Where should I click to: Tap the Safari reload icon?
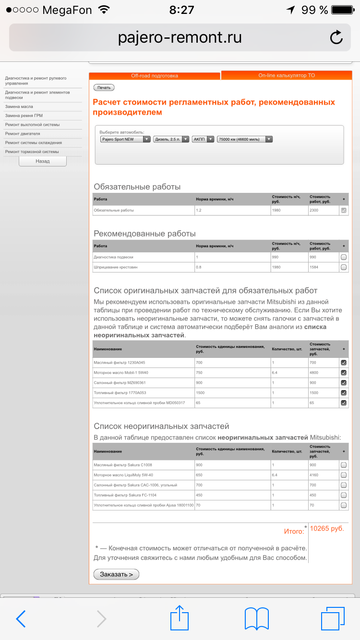click(336, 37)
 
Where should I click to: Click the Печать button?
click(104, 87)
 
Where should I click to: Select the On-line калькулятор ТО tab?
click(287, 75)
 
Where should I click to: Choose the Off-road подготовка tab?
click(155, 76)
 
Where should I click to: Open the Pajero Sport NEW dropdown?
click(125, 139)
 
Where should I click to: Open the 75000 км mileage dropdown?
click(245, 139)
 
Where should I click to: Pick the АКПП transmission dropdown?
click(203, 139)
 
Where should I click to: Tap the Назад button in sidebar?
click(43, 161)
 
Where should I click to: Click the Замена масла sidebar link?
click(19, 107)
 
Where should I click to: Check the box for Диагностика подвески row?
click(344, 257)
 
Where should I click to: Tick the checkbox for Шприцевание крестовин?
click(344, 267)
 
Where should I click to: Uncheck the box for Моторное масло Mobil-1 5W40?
click(344, 373)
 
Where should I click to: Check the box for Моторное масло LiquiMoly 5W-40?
click(344, 475)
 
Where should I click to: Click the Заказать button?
click(116, 574)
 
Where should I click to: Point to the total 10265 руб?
click(327, 529)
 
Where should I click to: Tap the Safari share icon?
click(180, 618)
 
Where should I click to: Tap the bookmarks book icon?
click(257, 618)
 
